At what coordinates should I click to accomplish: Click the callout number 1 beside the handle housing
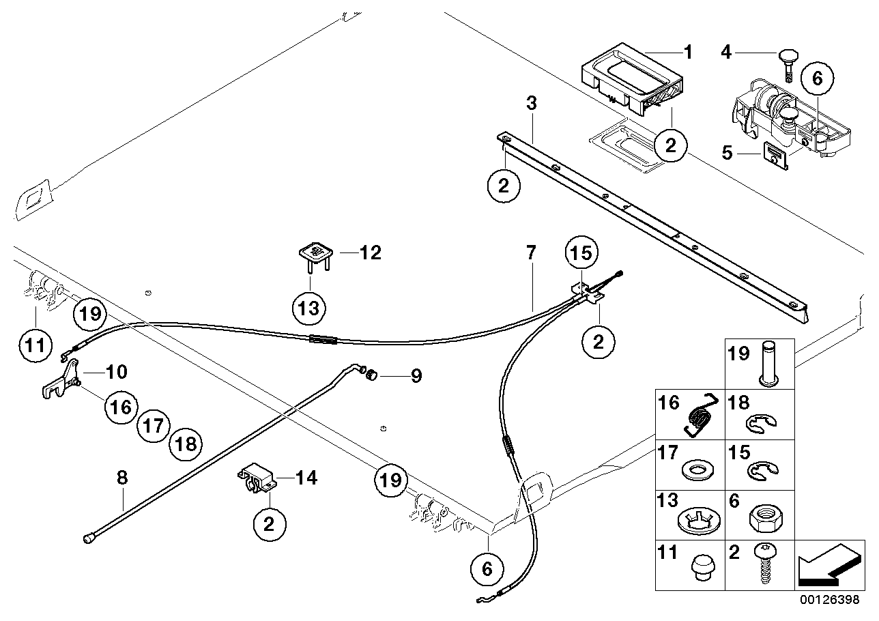pos(688,51)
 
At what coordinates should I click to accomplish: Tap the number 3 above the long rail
pos(531,104)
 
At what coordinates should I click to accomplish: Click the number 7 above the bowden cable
pos(531,252)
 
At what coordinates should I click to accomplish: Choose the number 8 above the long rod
pos(121,478)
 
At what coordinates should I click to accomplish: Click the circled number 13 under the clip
pos(308,308)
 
